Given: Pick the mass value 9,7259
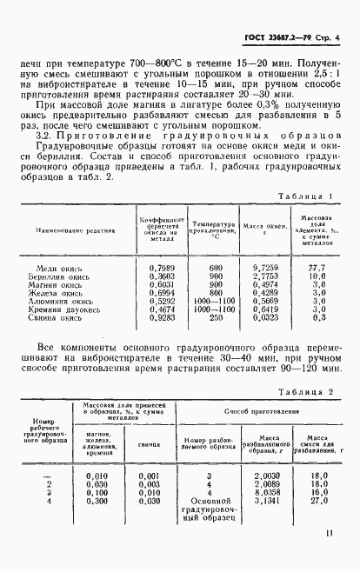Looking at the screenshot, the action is coord(260,267).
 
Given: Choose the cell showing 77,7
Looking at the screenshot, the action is coord(317,267).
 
